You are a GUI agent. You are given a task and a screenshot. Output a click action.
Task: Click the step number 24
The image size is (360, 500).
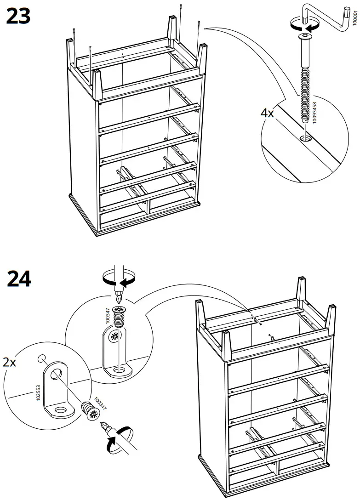pos(19,279)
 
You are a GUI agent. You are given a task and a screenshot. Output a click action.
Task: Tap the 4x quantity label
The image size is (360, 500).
pos(267,113)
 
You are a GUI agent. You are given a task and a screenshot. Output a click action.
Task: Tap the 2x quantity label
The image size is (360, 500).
pos(10,363)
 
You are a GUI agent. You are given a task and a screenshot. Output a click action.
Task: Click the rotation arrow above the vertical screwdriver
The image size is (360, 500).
pos(119,278)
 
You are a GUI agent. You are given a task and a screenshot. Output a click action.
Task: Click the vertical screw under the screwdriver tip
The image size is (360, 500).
pos(119,318)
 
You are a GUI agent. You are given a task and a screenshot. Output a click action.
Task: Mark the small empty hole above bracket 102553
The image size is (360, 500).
pos(42,358)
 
